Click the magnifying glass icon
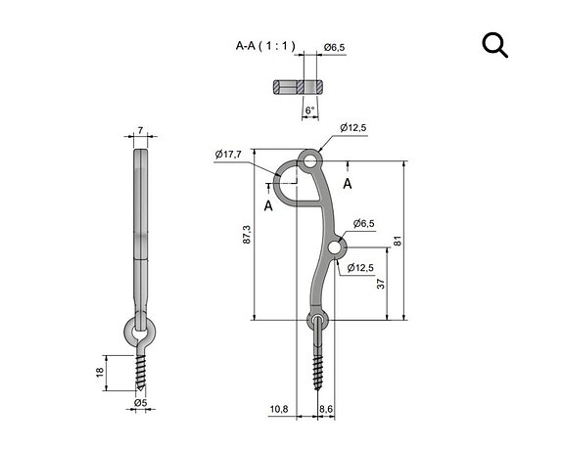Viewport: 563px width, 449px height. point(495,45)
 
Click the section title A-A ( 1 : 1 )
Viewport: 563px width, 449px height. point(264,46)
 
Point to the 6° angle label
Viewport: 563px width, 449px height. point(309,112)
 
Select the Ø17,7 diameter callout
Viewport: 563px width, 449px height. point(228,153)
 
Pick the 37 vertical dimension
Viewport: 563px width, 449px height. point(381,284)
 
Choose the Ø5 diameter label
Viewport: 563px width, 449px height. point(140,402)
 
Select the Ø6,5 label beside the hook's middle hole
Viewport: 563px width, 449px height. point(364,223)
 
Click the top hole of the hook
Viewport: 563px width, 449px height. point(311,158)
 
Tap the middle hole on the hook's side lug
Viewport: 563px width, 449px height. point(336,249)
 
